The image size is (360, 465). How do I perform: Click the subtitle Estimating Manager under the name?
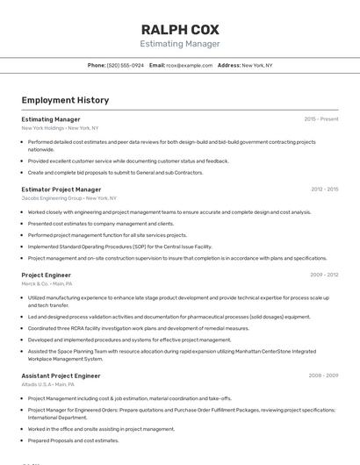pyautogui.click(x=180, y=44)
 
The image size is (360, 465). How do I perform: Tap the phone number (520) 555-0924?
pyautogui.click(x=126, y=66)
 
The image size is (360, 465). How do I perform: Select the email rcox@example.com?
pyautogui.click(x=190, y=66)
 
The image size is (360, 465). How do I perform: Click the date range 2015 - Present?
pyautogui.click(x=321, y=118)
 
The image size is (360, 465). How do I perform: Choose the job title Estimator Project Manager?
pyautogui.click(x=61, y=189)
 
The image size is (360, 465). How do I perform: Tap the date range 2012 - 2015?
pyautogui.click(x=324, y=189)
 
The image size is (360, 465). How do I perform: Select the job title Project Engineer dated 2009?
pyautogui.click(x=47, y=275)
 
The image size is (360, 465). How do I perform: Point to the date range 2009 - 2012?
pyautogui.click(x=324, y=275)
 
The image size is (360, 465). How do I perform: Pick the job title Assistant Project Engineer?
pyautogui.click(x=61, y=376)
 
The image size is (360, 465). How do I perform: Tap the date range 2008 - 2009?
pyautogui.click(x=323, y=376)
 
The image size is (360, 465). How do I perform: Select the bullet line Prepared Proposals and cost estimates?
pyautogui.click(x=74, y=440)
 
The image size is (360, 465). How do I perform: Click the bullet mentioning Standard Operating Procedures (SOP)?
pyautogui.click(x=119, y=247)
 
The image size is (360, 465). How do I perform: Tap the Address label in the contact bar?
pyautogui.click(x=228, y=66)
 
